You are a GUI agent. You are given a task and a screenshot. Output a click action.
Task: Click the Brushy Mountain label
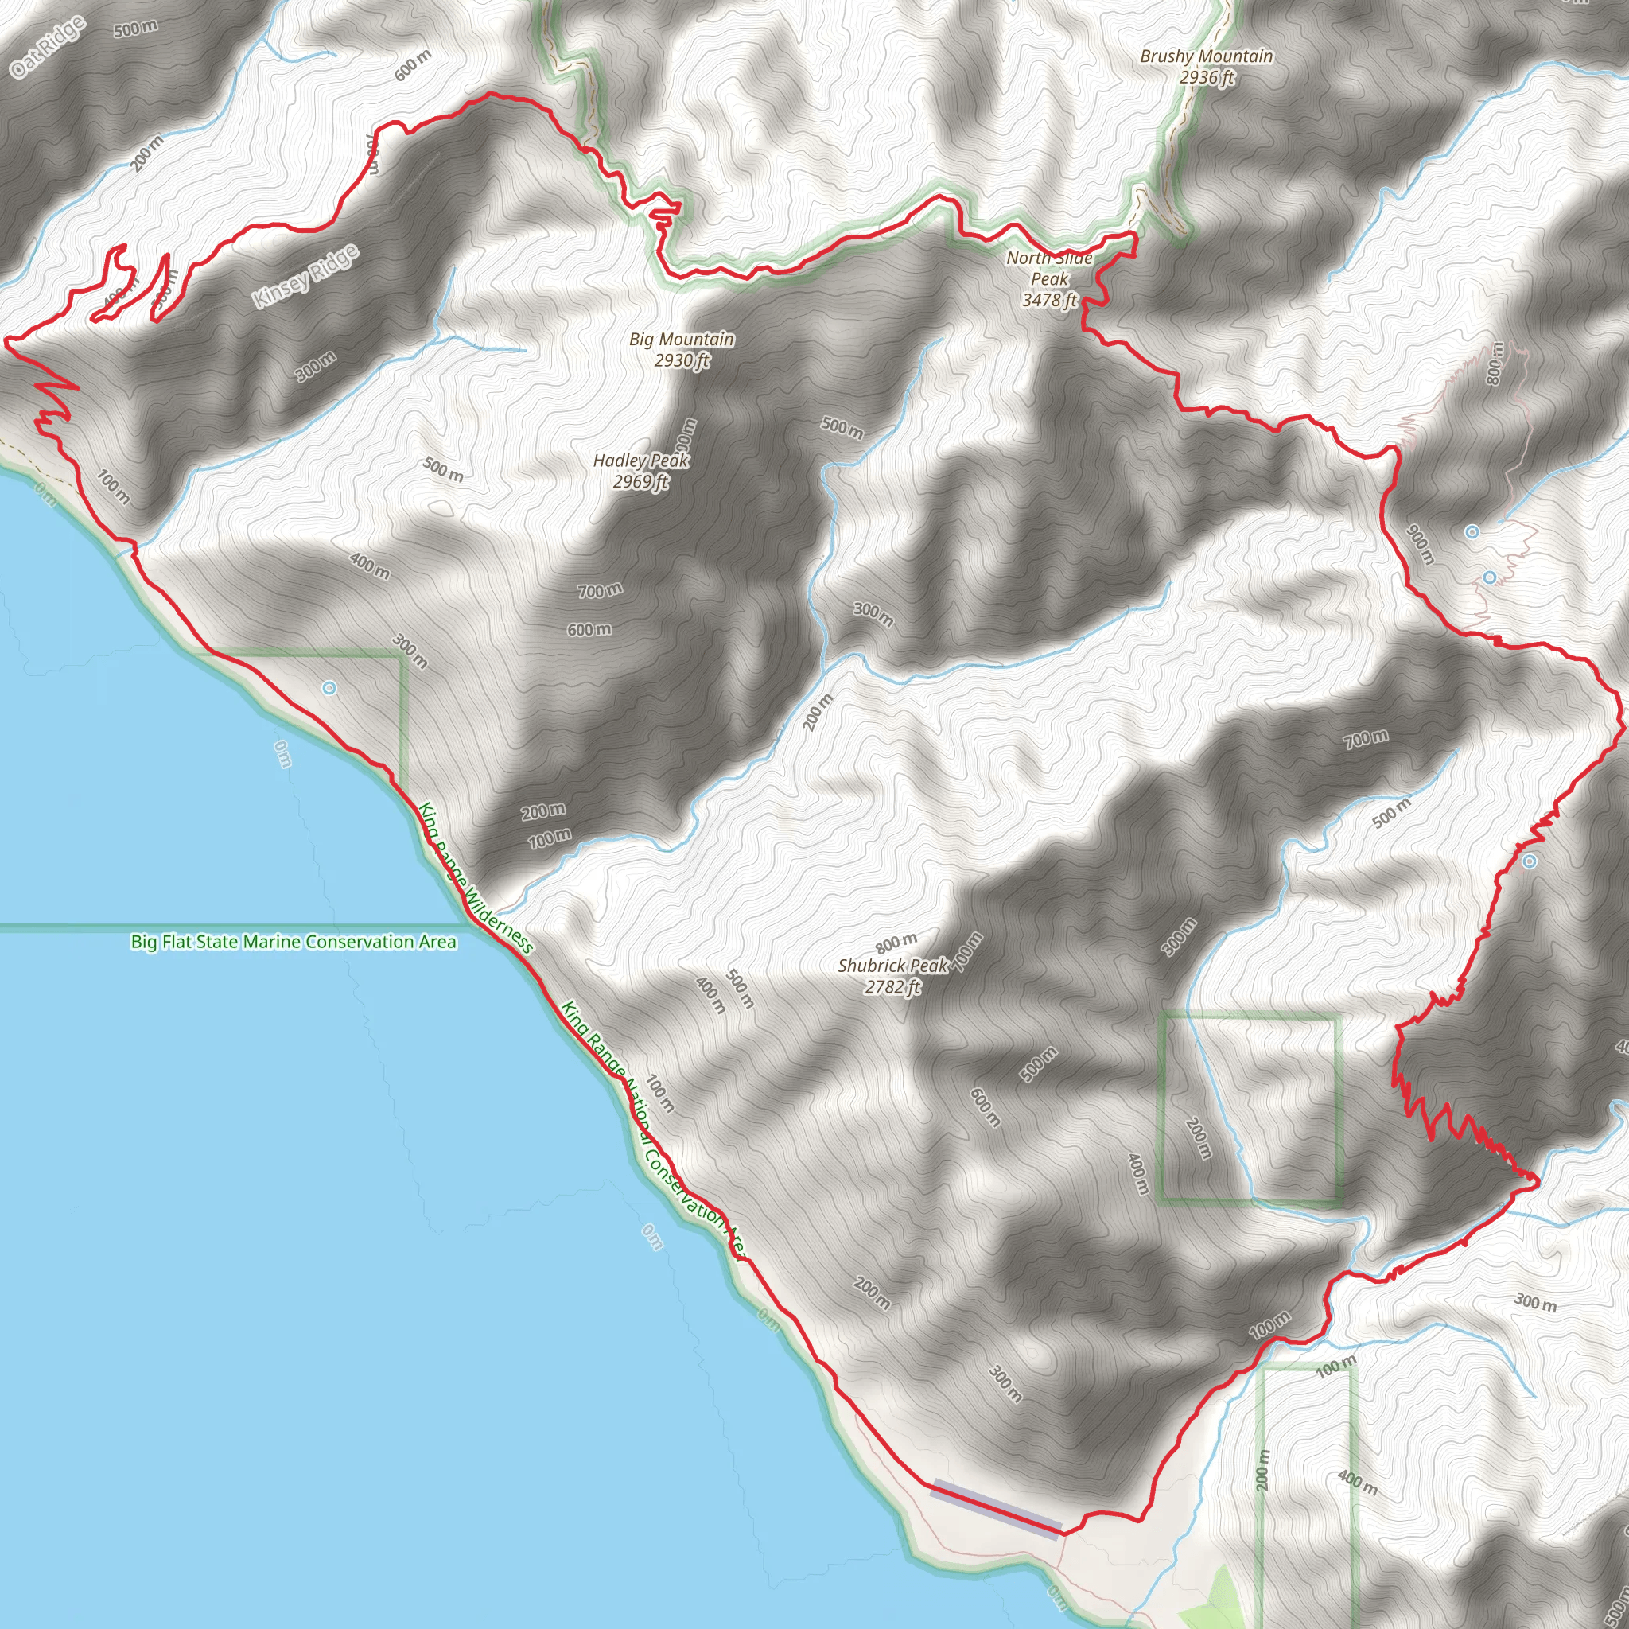click(1206, 56)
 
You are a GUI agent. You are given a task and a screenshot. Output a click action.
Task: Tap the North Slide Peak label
click(1049, 269)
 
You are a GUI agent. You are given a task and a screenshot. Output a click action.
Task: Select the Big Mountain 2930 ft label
click(682, 349)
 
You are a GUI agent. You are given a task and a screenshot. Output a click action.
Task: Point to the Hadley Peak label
click(641, 461)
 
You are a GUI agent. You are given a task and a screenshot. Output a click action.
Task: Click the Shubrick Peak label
click(893, 966)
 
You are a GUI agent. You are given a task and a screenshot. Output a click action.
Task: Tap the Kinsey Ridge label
click(306, 276)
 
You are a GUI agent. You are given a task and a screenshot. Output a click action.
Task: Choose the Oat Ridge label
click(47, 47)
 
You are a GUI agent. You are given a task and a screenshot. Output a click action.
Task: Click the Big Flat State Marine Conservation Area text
click(294, 942)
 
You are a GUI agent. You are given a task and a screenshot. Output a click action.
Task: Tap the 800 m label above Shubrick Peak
click(896, 941)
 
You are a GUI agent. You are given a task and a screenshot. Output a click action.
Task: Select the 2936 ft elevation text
click(1207, 78)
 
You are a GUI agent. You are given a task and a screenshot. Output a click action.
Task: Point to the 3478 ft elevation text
click(1049, 299)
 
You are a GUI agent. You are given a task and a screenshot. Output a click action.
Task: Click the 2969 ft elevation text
click(640, 481)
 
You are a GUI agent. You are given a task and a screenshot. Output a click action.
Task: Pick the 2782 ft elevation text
click(892, 986)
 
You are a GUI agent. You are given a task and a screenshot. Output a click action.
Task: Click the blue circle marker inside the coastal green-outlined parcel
click(329, 689)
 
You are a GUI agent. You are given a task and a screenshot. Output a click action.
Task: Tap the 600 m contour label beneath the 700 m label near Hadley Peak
click(589, 630)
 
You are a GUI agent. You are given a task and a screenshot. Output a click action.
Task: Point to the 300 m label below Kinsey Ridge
click(317, 366)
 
